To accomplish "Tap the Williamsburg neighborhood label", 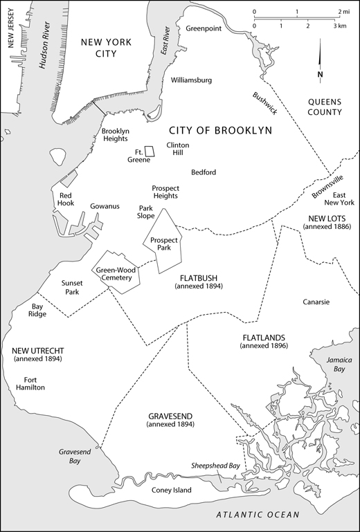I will coord(191,81).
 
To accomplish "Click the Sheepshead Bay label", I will coord(216,466).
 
